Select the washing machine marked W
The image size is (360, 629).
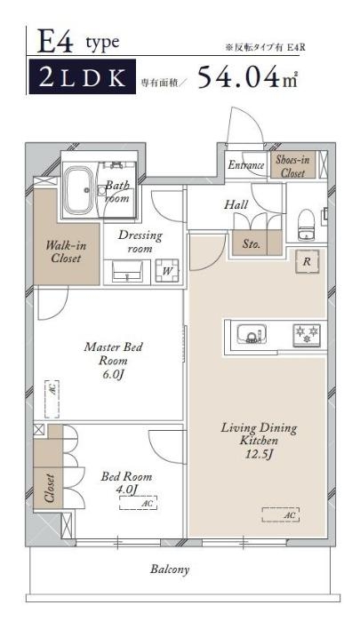pos(167,271)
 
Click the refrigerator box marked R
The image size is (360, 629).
pos(307,261)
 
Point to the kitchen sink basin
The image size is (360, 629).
pos(252,334)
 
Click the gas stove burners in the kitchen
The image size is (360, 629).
pos(307,335)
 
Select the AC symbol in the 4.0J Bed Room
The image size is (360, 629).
pos(138,503)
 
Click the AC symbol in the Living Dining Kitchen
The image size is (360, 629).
pos(281,514)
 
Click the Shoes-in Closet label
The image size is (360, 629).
pos(292,165)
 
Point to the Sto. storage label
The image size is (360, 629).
pos(252,243)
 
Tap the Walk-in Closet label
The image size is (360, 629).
pos(66,251)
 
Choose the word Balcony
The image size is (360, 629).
pos(170,569)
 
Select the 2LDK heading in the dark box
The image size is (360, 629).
pos(83,77)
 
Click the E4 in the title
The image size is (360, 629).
pos(55,42)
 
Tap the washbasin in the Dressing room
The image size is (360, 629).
pos(127,272)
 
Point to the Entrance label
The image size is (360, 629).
pos(246,165)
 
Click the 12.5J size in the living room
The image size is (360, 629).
pos(260,455)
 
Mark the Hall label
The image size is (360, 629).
pos(236,204)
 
